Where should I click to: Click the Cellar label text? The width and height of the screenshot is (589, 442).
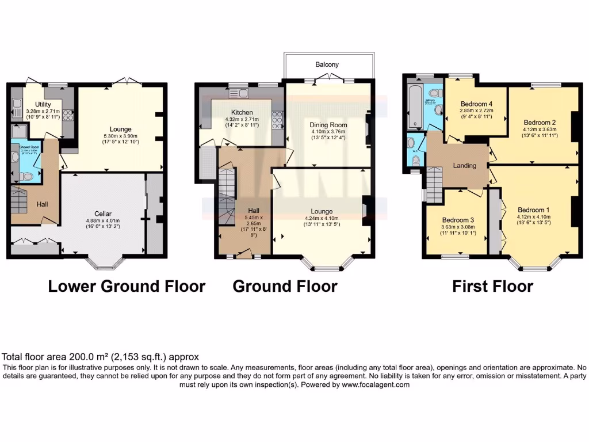click(x=104, y=214)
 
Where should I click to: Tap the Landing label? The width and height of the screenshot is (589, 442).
click(x=464, y=166)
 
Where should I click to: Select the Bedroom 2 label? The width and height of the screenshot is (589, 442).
click(x=539, y=122)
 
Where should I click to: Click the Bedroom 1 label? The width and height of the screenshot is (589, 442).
click(x=533, y=209)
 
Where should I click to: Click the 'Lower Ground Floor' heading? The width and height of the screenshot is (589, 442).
click(x=127, y=286)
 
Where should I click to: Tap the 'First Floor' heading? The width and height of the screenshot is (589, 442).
click(x=492, y=286)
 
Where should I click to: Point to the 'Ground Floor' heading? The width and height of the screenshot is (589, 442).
click(x=285, y=286)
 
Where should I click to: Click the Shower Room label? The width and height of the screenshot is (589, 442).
click(x=25, y=147)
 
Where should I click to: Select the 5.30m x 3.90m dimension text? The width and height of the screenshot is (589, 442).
click(x=121, y=135)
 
